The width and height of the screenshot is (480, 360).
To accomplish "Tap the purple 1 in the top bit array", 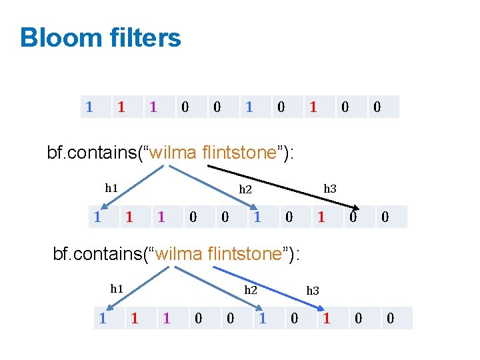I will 153,107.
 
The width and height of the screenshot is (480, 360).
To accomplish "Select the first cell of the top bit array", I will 89,107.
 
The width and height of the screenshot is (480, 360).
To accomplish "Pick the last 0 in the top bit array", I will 377,107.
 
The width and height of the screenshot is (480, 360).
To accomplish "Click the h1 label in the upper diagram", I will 111,188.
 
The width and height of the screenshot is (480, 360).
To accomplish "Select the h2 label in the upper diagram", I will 245,189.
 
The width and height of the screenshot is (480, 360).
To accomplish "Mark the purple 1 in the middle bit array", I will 161,217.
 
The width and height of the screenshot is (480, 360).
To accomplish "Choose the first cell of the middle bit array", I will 97,217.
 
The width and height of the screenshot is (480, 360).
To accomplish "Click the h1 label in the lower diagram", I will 117,289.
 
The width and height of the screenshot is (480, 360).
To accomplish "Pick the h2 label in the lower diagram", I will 251,290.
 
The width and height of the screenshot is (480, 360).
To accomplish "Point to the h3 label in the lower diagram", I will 313,291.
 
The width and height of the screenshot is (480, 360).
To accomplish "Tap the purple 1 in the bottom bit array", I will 167,319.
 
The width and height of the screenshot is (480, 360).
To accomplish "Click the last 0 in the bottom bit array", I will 391,319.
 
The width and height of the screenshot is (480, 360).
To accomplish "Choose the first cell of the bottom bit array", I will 103,319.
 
